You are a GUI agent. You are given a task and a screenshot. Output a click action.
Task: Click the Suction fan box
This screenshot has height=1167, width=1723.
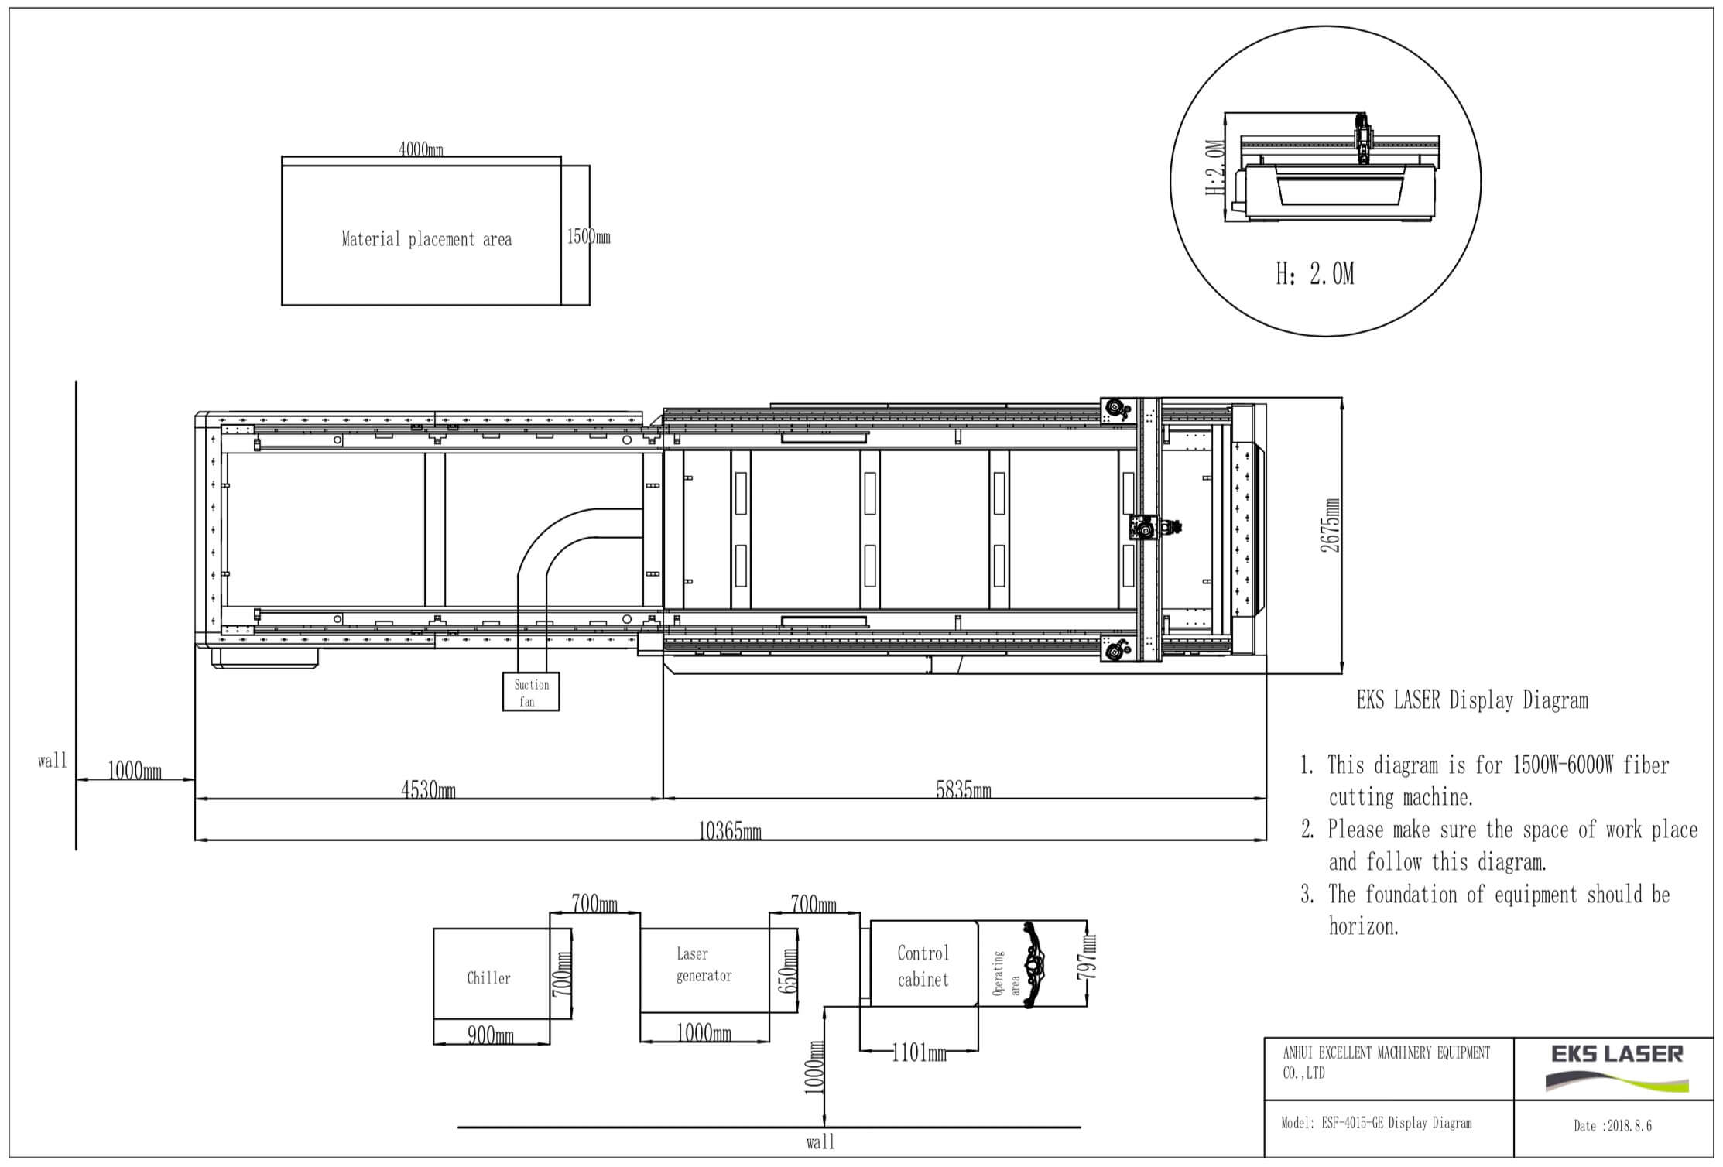[x=531, y=691]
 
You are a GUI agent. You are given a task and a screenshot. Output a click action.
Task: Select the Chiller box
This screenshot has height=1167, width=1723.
[x=492, y=974]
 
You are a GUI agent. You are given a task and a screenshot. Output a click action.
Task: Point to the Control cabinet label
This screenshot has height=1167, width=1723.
[x=923, y=966]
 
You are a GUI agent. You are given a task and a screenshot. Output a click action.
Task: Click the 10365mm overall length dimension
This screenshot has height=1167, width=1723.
[x=730, y=831]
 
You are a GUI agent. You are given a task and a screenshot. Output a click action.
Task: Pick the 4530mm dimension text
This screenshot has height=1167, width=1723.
[x=428, y=789]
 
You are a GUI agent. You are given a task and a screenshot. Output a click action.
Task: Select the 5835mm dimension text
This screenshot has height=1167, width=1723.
[x=964, y=789]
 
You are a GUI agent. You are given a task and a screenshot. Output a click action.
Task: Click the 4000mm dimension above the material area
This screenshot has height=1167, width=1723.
[x=421, y=149]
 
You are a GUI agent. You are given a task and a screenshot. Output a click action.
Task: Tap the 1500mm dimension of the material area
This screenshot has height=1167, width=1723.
[x=588, y=236]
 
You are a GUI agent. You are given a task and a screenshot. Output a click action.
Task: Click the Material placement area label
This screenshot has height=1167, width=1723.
[x=426, y=239]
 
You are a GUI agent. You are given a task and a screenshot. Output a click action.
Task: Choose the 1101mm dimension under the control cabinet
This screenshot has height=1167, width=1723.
[x=919, y=1052]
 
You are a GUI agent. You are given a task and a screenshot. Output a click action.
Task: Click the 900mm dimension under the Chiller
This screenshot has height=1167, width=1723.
[x=491, y=1035]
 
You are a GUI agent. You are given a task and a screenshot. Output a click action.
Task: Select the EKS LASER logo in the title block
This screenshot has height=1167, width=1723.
[x=1618, y=1067]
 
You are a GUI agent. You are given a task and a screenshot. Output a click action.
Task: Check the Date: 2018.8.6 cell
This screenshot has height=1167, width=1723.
[x=1613, y=1126]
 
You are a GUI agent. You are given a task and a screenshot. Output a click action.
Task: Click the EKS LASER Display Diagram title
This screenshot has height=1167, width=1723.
[x=1472, y=701]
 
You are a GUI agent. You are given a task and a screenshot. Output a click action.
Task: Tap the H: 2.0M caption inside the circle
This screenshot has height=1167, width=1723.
[x=1315, y=273]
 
